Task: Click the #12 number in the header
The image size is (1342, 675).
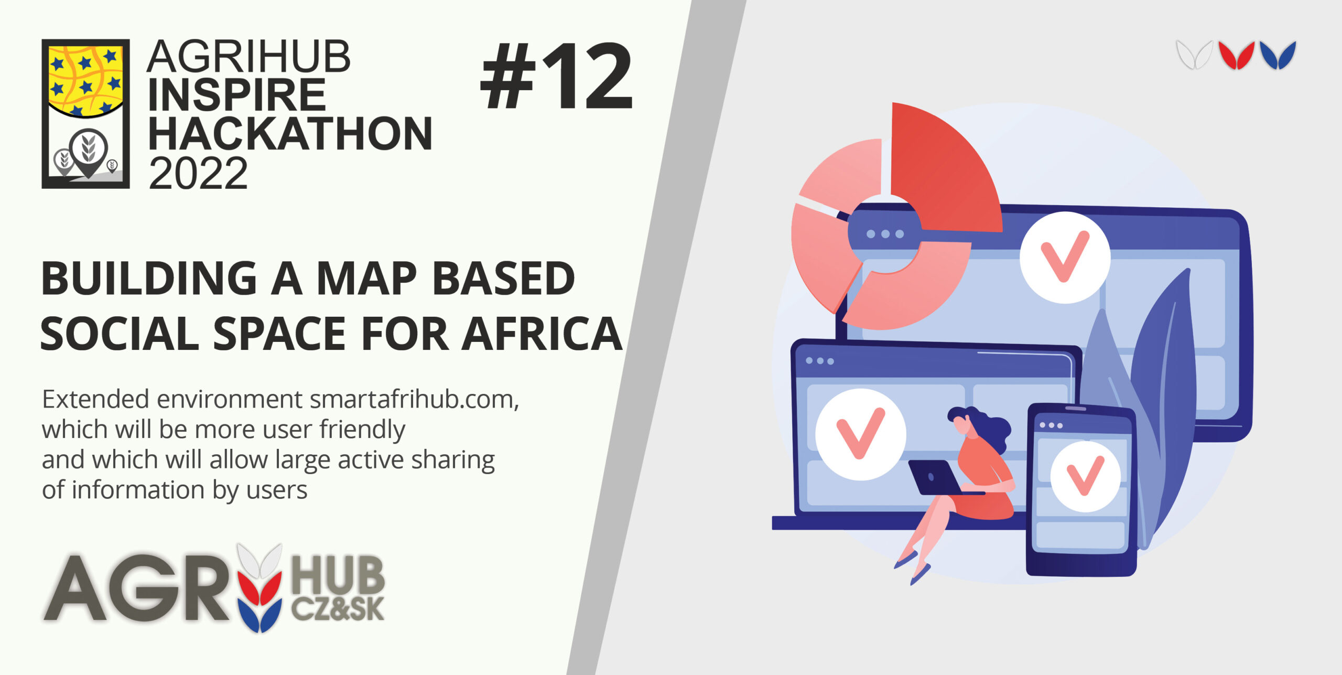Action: (557, 77)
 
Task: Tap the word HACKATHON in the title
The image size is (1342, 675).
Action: (290, 134)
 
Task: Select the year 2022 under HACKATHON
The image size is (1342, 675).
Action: (198, 173)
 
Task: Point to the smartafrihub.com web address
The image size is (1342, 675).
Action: (414, 400)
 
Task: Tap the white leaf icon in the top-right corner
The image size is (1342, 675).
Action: (1194, 55)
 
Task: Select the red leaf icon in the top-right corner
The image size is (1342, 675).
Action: (1237, 55)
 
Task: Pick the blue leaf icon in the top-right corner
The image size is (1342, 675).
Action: (1278, 55)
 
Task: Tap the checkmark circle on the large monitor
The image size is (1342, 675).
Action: (1065, 258)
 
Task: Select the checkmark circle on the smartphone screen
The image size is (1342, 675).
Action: (1085, 476)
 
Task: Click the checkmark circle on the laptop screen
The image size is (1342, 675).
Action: (860, 434)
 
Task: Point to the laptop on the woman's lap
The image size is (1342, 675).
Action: (938, 477)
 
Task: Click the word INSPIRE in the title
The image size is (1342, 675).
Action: (237, 95)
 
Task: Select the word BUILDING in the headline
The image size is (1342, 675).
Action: (149, 278)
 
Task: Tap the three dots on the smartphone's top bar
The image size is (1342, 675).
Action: (1051, 425)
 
